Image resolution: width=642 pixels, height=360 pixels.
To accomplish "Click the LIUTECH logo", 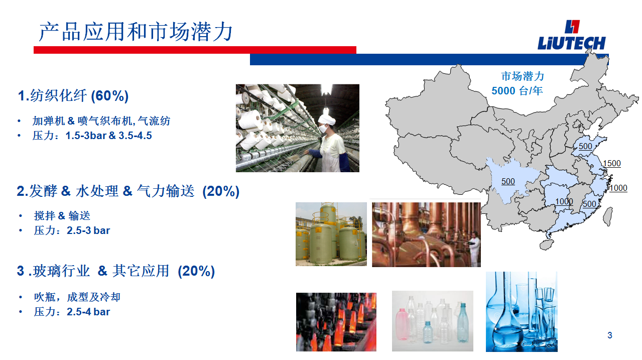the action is (x=572, y=35).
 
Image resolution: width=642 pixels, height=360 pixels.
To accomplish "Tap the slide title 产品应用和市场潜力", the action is (x=136, y=32).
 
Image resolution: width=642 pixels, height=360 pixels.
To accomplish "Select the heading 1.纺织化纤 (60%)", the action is (x=73, y=95).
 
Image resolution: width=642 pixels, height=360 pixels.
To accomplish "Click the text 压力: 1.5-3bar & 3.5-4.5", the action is (x=92, y=136).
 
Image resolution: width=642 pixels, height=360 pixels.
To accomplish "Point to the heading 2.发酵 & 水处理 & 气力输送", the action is (x=128, y=191).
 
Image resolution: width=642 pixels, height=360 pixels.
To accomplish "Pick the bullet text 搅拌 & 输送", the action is (x=62, y=215).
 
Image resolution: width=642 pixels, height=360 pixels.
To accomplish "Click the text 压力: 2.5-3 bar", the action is (x=72, y=230).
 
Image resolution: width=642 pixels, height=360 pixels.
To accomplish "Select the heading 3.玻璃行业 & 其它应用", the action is (x=116, y=271).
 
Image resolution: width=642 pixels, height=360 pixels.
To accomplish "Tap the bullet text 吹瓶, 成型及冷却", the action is (x=77, y=297).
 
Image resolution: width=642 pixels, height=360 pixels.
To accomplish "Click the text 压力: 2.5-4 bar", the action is (x=72, y=312).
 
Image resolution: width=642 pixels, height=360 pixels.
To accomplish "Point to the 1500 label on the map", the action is (x=611, y=163).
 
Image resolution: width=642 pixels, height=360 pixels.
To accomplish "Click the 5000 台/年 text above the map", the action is (x=517, y=91).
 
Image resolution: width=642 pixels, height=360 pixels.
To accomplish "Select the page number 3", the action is (x=609, y=335).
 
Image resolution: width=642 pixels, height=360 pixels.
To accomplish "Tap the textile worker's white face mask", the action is (x=324, y=128).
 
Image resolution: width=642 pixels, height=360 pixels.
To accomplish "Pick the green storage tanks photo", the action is (x=331, y=234).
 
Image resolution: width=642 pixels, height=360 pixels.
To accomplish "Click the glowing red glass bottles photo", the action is (x=336, y=322).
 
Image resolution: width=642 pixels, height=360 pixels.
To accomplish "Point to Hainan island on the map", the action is (x=547, y=245).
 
